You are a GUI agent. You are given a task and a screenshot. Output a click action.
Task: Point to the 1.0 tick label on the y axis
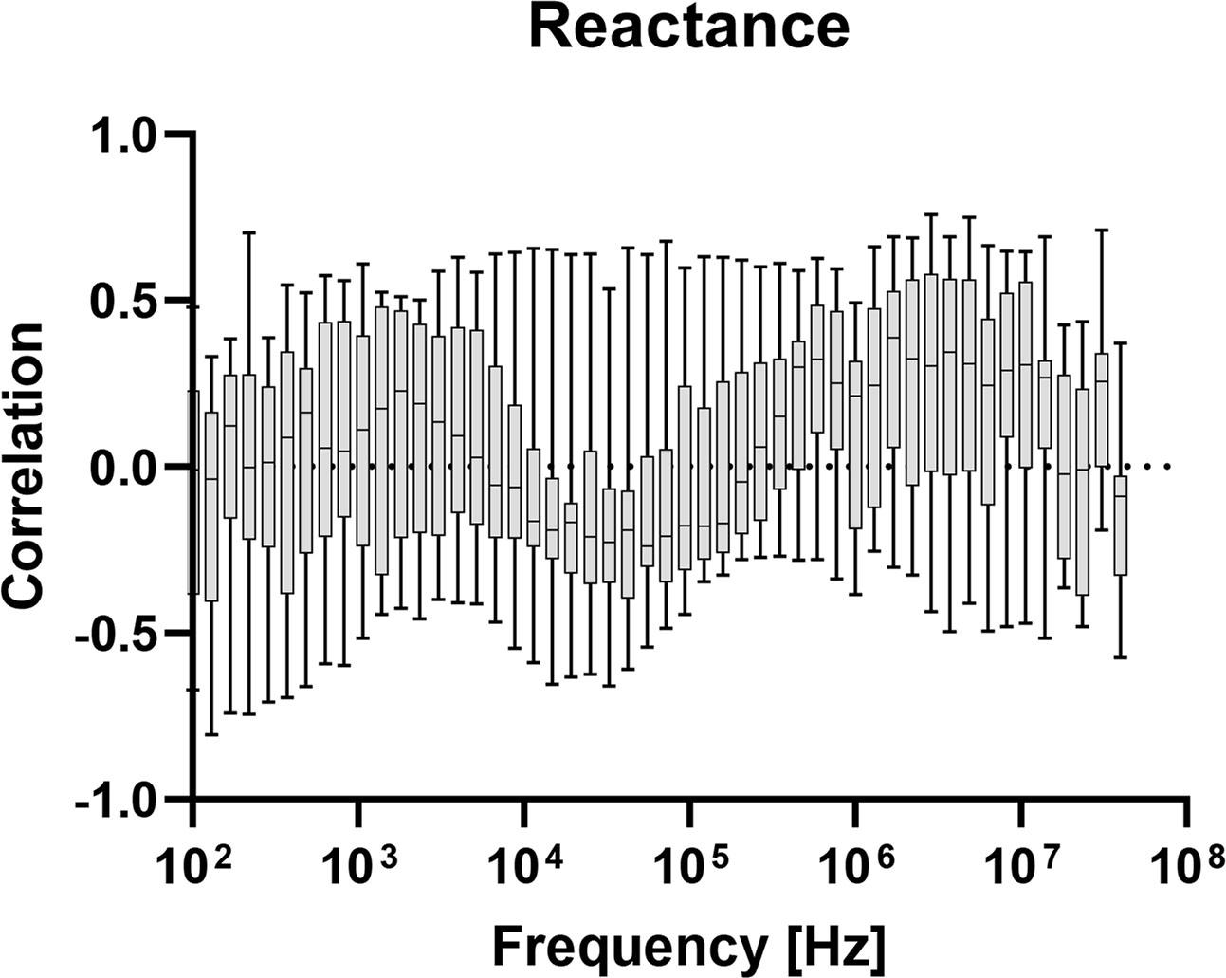pos(127,136)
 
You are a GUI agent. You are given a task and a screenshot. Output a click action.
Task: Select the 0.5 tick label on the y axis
pos(127,302)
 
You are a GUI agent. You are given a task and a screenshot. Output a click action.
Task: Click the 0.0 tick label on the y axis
pos(127,468)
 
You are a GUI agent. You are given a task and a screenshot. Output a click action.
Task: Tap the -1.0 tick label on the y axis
pos(119,801)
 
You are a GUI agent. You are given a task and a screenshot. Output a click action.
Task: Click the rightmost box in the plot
pos(1120,526)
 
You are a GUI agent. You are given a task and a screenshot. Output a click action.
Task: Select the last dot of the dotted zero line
pos(1167,466)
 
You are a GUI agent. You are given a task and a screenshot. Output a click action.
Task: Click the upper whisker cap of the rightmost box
pos(1120,343)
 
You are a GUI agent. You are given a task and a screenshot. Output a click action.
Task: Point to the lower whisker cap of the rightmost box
pos(1120,656)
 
